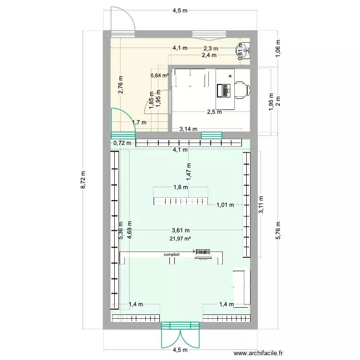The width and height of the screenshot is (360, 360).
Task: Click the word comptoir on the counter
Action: coord(171,255)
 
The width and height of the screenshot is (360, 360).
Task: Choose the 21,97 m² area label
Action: coord(180,239)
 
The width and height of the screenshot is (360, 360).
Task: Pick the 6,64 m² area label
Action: coord(159,75)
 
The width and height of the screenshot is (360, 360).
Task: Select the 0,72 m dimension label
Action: coord(122,143)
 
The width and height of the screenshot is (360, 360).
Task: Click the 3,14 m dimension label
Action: coord(188,129)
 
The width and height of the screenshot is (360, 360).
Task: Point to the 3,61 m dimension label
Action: coord(180,230)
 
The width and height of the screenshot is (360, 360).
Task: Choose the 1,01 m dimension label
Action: coord(225,205)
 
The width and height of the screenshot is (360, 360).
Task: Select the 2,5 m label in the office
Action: coord(214,112)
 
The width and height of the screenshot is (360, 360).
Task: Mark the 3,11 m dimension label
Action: coord(261,204)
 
